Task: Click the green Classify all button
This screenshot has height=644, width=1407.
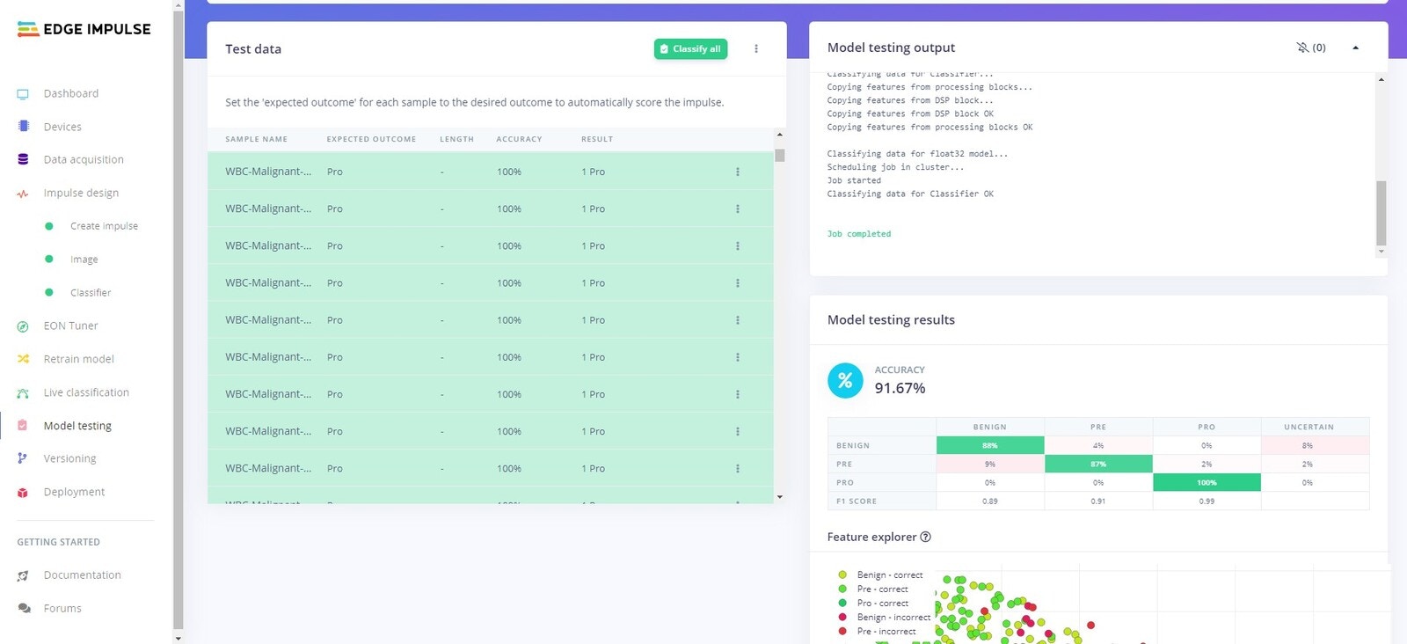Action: (690, 49)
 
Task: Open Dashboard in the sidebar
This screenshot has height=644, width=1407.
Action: (70, 93)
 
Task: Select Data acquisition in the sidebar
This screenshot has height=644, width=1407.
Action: (84, 159)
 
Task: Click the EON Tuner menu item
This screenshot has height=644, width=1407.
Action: (70, 326)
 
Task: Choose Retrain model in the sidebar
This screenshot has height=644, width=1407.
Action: (78, 359)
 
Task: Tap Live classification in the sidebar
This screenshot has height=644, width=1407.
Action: (86, 392)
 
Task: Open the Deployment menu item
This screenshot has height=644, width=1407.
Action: (74, 492)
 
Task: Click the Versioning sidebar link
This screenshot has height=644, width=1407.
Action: (69, 458)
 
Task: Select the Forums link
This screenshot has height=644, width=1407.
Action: (62, 608)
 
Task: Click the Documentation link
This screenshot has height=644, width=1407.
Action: (82, 574)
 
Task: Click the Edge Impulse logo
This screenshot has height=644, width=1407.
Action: (84, 29)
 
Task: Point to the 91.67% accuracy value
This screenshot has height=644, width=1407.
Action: (900, 388)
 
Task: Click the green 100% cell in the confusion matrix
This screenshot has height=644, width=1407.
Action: (1207, 482)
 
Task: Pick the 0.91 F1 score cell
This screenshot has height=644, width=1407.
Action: (1097, 501)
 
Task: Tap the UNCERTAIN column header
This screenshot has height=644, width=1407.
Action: (1309, 427)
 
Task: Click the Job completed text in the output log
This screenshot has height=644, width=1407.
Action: (859, 234)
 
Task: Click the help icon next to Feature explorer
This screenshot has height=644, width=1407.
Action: (925, 537)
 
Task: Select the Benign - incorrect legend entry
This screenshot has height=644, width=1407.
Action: (893, 618)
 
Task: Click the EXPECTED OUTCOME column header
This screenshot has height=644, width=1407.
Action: (371, 139)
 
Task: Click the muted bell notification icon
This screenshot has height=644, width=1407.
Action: (1302, 48)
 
